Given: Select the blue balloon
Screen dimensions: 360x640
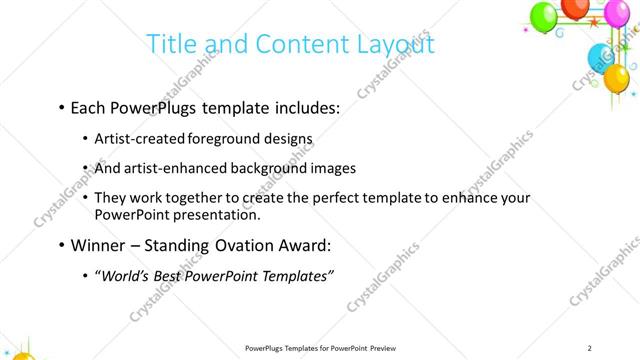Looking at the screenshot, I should (x=599, y=57).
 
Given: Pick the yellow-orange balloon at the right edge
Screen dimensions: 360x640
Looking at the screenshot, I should (x=617, y=76).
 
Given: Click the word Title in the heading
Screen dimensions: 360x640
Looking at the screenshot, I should (x=172, y=45).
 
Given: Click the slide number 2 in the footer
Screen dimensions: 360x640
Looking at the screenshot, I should (x=590, y=347).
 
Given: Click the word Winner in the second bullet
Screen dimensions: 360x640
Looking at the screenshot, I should (x=100, y=244).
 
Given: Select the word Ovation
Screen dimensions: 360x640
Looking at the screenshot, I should (x=244, y=244).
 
